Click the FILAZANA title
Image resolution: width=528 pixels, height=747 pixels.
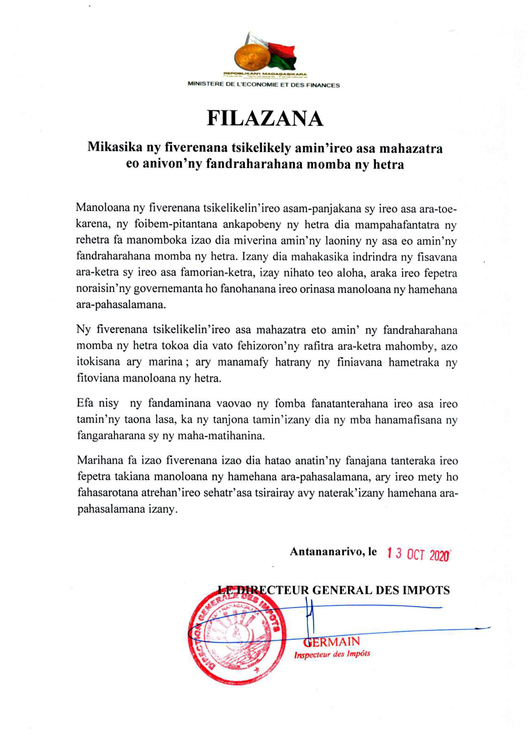coord(265,118)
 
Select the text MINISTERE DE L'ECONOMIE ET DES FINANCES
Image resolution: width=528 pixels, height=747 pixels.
coord(264,85)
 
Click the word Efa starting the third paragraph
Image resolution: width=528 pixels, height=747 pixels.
coord(85,403)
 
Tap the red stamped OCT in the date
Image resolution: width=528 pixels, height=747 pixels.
coord(416,555)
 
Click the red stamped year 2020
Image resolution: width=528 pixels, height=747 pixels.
coord(439,555)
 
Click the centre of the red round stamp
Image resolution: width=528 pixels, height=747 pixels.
coord(237,635)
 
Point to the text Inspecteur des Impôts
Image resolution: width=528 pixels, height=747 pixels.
coord(332,654)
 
